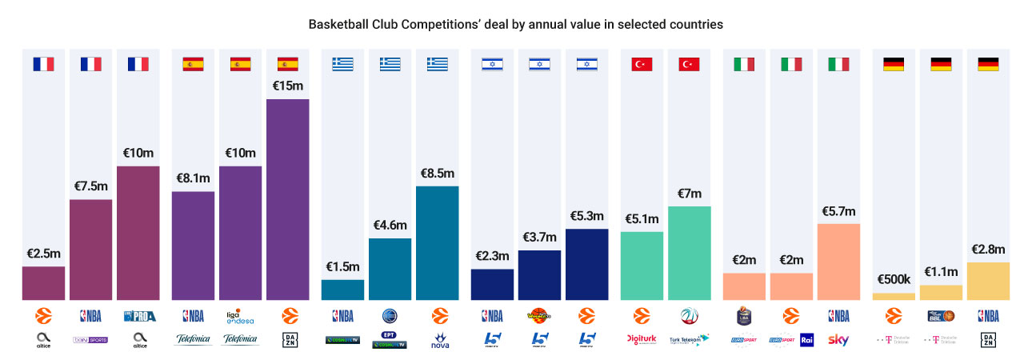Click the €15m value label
[288, 86]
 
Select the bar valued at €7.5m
[91, 250]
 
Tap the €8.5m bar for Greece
[438, 243]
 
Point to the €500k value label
[894, 279]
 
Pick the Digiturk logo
[642, 339]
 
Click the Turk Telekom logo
[689, 339]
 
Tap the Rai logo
[806, 339]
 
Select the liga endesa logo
[240, 316]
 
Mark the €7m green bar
[689, 253]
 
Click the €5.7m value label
[839, 211]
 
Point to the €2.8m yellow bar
[988, 281]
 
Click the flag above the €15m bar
[288, 65]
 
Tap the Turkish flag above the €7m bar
[689, 65]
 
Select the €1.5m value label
[342, 266]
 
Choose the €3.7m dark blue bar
[539, 275]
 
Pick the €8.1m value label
[193, 178]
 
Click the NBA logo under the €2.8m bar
[988, 316]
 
